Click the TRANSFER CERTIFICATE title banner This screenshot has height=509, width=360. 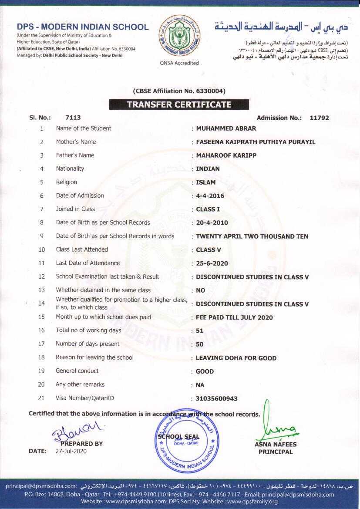[179, 104]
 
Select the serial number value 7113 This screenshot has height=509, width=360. [73, 118]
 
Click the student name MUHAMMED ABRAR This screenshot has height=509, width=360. [226, 128]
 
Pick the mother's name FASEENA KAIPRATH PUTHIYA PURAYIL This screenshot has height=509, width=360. [256, 142]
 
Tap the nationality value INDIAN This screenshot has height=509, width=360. [208, 169]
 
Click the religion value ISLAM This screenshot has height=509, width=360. [205, 182]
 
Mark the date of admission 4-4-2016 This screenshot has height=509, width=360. [210, 196]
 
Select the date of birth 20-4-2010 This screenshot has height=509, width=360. [212, 223]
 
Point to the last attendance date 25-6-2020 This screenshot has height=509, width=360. [212, 263]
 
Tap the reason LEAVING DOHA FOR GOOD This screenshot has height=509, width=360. [236, 358]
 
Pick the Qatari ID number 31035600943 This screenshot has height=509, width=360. [217, 398]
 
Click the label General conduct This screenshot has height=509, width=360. [77, 371]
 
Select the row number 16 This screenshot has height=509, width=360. [42, 330]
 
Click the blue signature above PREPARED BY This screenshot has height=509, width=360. [77, 430]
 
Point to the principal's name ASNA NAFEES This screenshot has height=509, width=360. [276, 445]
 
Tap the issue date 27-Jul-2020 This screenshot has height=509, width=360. [71, 451]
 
